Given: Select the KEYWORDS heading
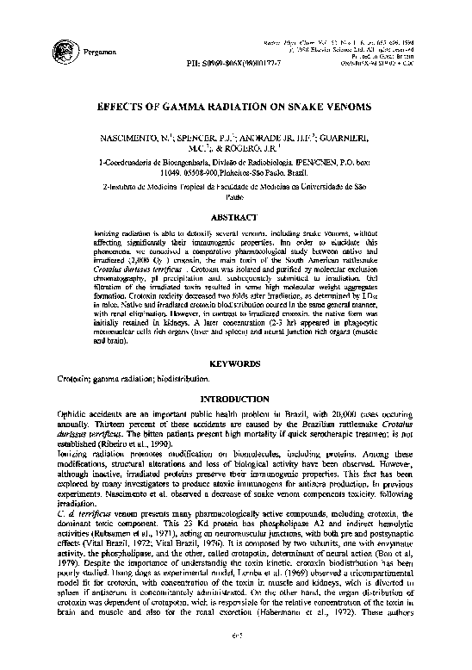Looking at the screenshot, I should pos(236,365).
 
